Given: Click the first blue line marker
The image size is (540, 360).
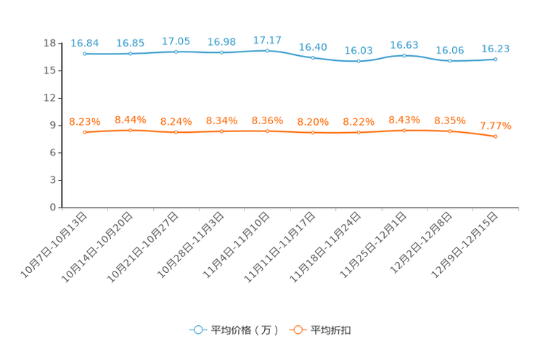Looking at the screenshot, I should pyautogui.click(x=85, y=54).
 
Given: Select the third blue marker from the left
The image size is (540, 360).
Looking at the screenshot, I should pyautogui.click(x=176, y=52).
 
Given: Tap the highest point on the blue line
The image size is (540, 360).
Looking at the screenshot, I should pyautogui.click(x=268, y=50).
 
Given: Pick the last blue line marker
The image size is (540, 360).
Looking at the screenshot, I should pyautogui.click(x=496, y=60).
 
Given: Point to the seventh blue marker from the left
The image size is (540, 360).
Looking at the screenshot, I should pyautogui.click(x=359, y=62).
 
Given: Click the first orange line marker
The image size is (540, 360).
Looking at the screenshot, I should pyautogui.click(x=85, y=132).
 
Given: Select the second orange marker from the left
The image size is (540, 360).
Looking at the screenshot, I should pyautogui.click(x=131, y=131).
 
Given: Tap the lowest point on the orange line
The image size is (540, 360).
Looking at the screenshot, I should pyautogui.click(x=496, y=136).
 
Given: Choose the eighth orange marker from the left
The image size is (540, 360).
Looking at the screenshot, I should pyautogui.click(x=404, y=131).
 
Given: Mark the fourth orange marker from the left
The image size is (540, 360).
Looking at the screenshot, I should pyautogui.click(x=222, y=131).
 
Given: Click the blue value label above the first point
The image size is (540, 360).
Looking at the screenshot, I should pyautogui.click(x=85, y=43).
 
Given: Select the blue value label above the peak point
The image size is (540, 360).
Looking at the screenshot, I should pyautogui.click(x=268, y=39).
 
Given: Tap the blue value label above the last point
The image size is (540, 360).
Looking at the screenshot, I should pyautogui.click(x=496, y=49).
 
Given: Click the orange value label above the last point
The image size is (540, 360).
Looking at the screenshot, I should pyautogui.click(x=496, y=126).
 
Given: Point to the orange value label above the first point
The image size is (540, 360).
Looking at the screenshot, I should pyautogui.click(x=85, y=121).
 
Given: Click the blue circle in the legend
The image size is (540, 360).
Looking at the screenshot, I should pyautogui.click(x=197, y=330).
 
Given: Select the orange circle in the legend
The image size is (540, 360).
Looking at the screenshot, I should pyautogui.click(x=297, y=330).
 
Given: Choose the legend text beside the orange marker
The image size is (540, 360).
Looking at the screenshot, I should pyautogui.click(x=332, y=330).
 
